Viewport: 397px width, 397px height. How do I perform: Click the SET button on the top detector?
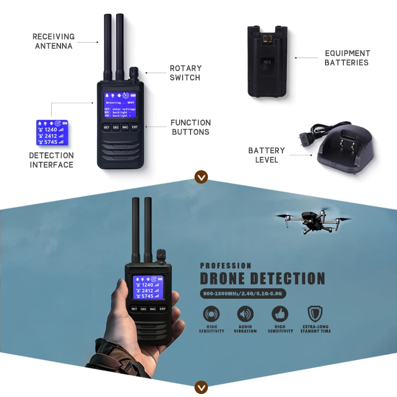pos(106,127)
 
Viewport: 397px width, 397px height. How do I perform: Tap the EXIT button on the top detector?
pos(134,127)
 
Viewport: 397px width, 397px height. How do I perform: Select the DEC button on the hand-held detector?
pos(143,309)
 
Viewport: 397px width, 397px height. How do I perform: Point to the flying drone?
pos(313,222)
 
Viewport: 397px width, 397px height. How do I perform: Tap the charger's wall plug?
pos(304,137)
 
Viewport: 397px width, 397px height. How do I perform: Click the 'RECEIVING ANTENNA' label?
pos(54,41)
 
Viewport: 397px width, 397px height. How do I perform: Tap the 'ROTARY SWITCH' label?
pos(186,72)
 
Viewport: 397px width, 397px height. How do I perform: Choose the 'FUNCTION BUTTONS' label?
pos(191,127)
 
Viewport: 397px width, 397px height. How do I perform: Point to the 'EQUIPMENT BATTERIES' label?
pos(347,58)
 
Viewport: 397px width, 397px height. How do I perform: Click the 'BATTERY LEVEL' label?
pos(266,155)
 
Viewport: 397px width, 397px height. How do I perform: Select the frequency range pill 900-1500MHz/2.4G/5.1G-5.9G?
pos(244,294)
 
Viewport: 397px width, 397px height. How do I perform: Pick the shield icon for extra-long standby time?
pos(315,314)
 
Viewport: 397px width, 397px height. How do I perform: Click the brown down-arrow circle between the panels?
pos(201,177)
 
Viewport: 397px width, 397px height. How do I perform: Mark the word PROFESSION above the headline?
pos(225,265)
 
